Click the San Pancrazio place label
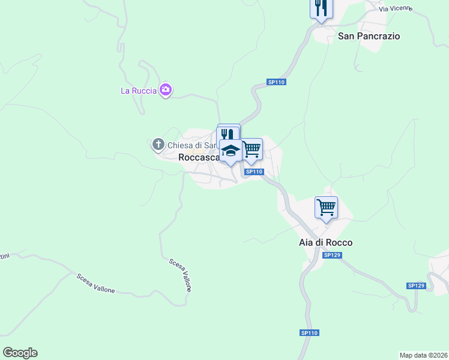click(x=369, y=36)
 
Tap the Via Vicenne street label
click(x=396, y=8)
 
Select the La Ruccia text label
click(x=138, y=91)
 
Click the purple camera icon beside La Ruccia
click(x=166, y=91)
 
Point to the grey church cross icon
click(x=158, y=144)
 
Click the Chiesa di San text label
click(x=191, y=145)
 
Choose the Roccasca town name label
click(x=200, y=157)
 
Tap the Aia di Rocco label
click(x=325, y=242)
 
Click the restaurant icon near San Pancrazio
click(x=321, y=8)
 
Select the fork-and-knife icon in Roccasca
click(x=228, y=134)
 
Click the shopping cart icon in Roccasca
click(x=252, y=148)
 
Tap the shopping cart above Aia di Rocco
click(x=326, y=207)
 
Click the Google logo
click(x=20, y=353)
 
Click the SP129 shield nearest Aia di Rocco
click(x=332, y=255)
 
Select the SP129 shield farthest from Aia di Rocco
click(x=415, y=286)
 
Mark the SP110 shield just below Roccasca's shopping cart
click(x=254, y=172)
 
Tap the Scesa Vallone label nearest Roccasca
click(x=180, y=274)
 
